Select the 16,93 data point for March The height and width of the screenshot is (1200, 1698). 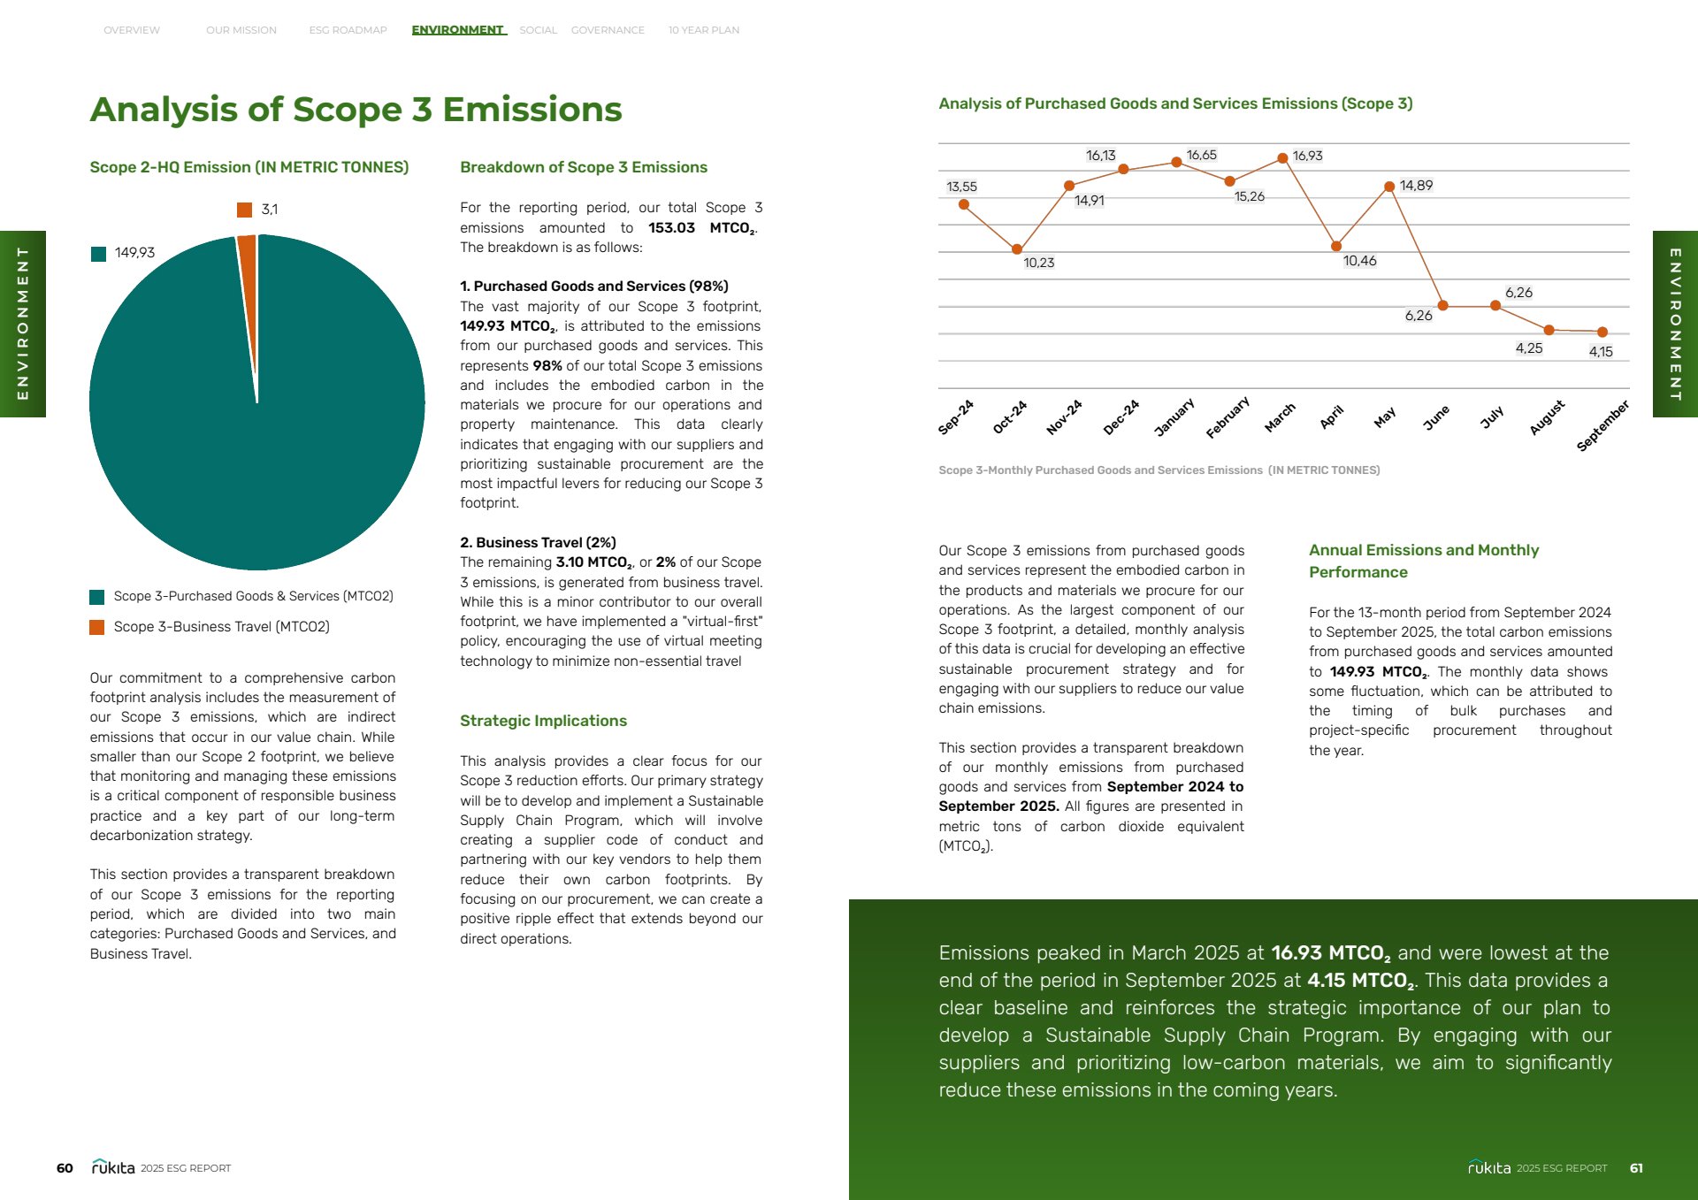[1282, 158]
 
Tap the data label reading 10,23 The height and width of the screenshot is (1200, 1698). [1038, 263]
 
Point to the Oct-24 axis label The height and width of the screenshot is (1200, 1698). [1009, 417]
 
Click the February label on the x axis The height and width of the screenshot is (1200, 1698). [1228, 417]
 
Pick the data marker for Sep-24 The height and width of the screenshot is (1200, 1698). [964, 204]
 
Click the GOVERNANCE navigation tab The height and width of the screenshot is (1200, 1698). [608, 30]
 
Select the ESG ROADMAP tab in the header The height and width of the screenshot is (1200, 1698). [348, 30]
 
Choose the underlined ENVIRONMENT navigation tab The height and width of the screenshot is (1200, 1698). [458, 30]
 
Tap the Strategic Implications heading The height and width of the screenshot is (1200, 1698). [543, 721]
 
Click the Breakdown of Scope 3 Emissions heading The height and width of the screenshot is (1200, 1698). [583, 167]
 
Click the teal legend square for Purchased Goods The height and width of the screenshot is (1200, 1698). [97, 597]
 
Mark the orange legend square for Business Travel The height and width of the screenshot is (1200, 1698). [97, 627]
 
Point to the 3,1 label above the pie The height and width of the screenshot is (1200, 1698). [269, 210]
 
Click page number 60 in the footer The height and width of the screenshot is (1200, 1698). [65, 1168]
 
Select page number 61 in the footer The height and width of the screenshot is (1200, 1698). [1636, 1168]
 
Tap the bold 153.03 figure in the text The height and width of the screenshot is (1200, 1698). [671, 228]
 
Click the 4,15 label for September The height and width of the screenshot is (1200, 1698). [1600, 352]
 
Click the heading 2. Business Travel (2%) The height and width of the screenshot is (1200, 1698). [538, 542]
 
